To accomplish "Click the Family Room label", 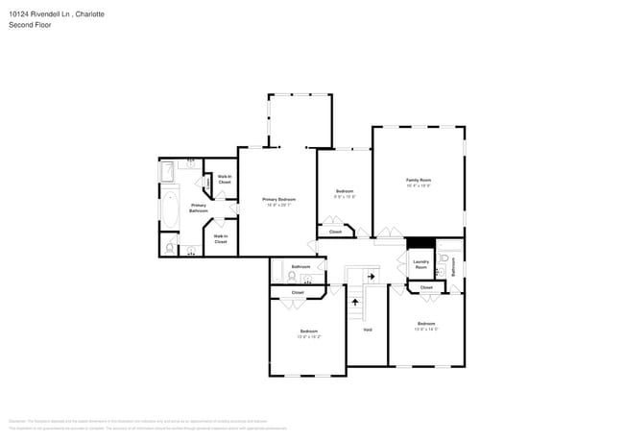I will coord(419,181).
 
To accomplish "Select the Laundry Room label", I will coord(420,263).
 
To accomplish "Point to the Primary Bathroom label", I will coord(198,207).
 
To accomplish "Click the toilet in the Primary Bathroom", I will coord(170,248).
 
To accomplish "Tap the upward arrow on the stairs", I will coord(357,301).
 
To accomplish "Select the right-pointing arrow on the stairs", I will coord(372,275).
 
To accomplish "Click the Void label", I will coord(367,330).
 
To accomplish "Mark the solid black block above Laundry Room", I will coord(420,243).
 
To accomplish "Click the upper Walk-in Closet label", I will coord(224,179).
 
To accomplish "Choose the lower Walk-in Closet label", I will coord(220,238).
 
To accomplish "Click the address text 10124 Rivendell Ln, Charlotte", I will coord(57,14).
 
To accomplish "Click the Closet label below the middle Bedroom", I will coord(335,232).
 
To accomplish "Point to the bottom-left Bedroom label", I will coord(308,333).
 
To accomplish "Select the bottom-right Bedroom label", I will coord(426,325).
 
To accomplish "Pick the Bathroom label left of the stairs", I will coord(300,266).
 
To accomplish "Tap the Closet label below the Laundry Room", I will coord(426,286).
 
